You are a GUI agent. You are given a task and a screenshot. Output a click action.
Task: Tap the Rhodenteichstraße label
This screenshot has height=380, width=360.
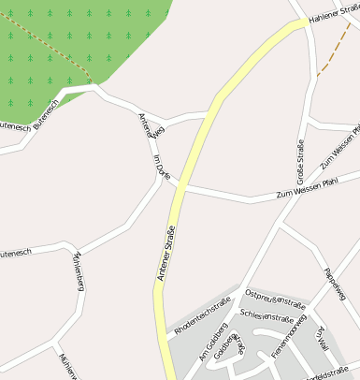[x=202, y=316]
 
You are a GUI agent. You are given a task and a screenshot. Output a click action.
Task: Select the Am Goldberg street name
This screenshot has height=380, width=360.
[x=213, y=346]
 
